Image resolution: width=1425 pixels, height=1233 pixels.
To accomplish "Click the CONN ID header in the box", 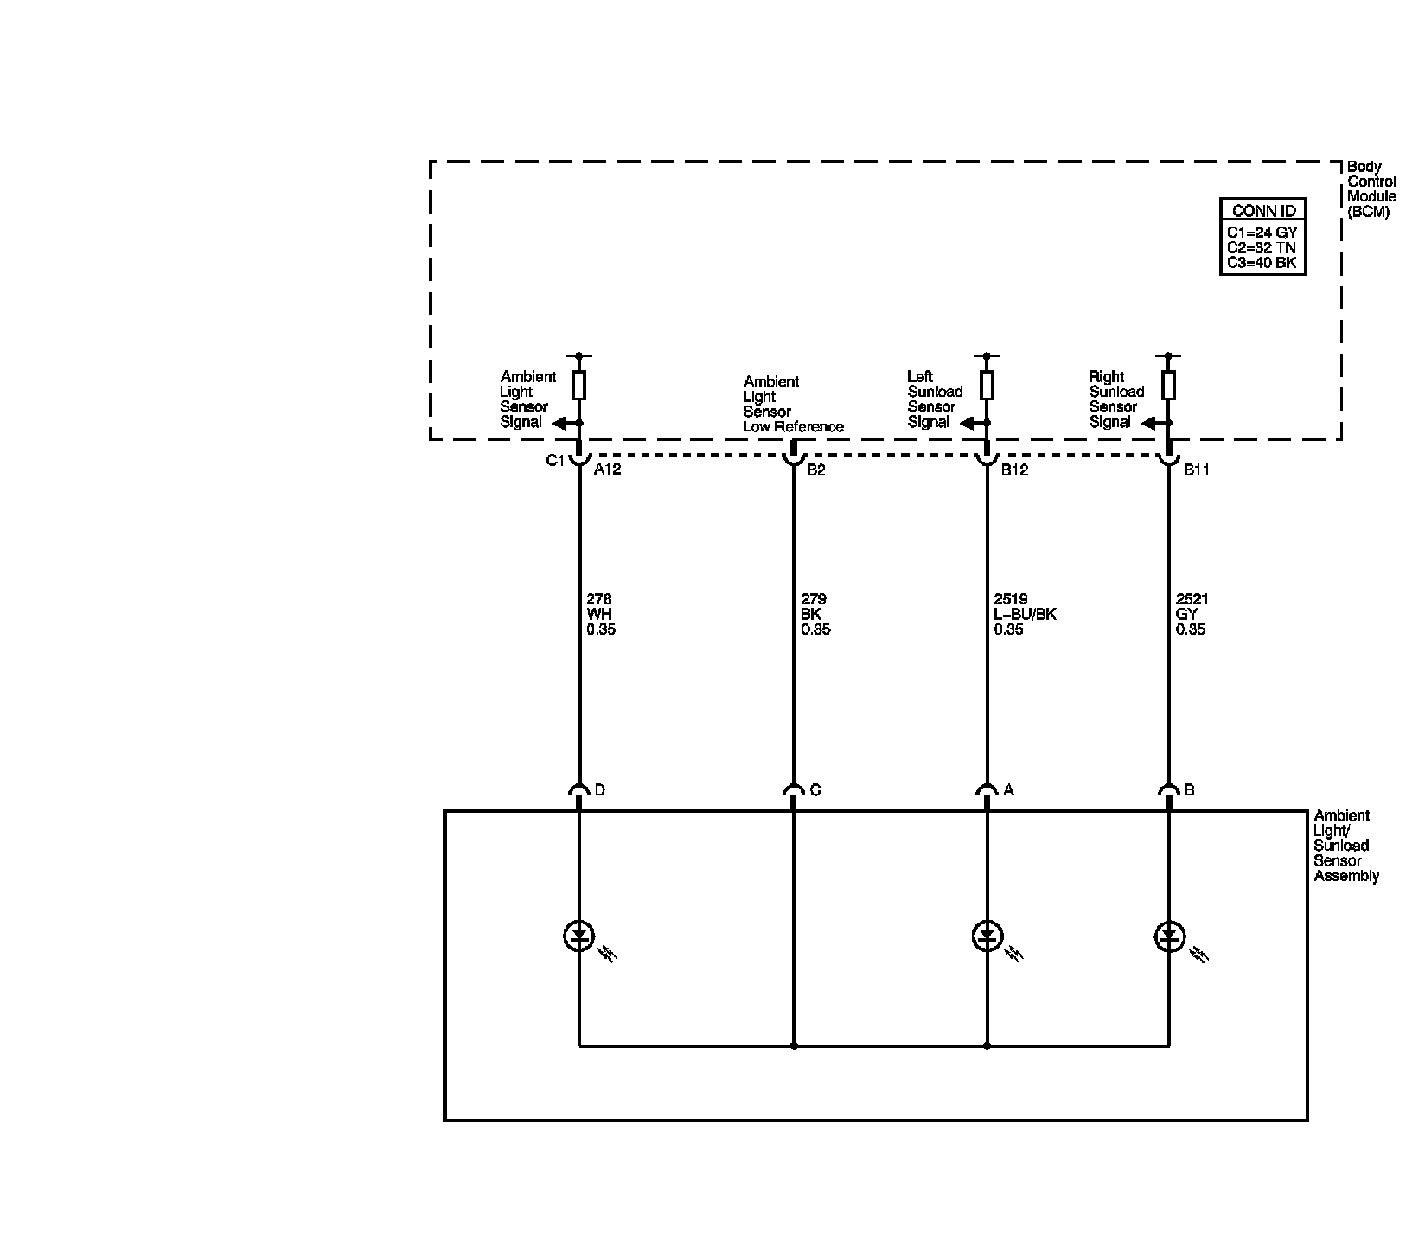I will point(1263,211).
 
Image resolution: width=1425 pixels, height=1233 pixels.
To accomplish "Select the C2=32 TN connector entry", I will point(1262,247).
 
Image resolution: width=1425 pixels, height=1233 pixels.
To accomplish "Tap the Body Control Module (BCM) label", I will point(1371,189).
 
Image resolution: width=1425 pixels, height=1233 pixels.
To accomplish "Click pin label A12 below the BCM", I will point(607,470).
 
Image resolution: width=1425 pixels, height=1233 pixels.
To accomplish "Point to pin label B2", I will point(815,470).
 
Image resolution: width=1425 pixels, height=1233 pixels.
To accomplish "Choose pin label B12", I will point(1014,470).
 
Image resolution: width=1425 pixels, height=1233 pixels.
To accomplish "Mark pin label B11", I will point(1197,470).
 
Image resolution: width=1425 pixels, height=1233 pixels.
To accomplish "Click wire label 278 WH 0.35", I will point(600,614).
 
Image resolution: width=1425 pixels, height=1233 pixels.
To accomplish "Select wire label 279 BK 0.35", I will point(815,614).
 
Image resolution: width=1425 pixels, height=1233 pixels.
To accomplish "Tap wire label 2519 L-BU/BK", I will point(1025,614).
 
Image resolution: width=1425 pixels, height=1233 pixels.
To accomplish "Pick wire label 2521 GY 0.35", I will point(1191,614).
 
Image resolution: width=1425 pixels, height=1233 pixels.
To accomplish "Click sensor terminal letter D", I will point(600,789).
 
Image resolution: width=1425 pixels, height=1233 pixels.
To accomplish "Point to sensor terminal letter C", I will point(815,789).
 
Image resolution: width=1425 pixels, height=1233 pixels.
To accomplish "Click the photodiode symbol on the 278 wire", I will point(578,936).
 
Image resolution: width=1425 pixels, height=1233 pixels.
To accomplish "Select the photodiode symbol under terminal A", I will point(987,936).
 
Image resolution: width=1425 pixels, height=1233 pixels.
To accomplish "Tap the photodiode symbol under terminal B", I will point(1168,936).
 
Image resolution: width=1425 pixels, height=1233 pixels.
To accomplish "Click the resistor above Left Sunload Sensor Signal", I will point(987,385).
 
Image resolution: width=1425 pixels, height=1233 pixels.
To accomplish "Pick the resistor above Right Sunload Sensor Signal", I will point(1168,385).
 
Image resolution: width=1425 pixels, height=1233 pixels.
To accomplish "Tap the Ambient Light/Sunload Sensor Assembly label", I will point(1345,846).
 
